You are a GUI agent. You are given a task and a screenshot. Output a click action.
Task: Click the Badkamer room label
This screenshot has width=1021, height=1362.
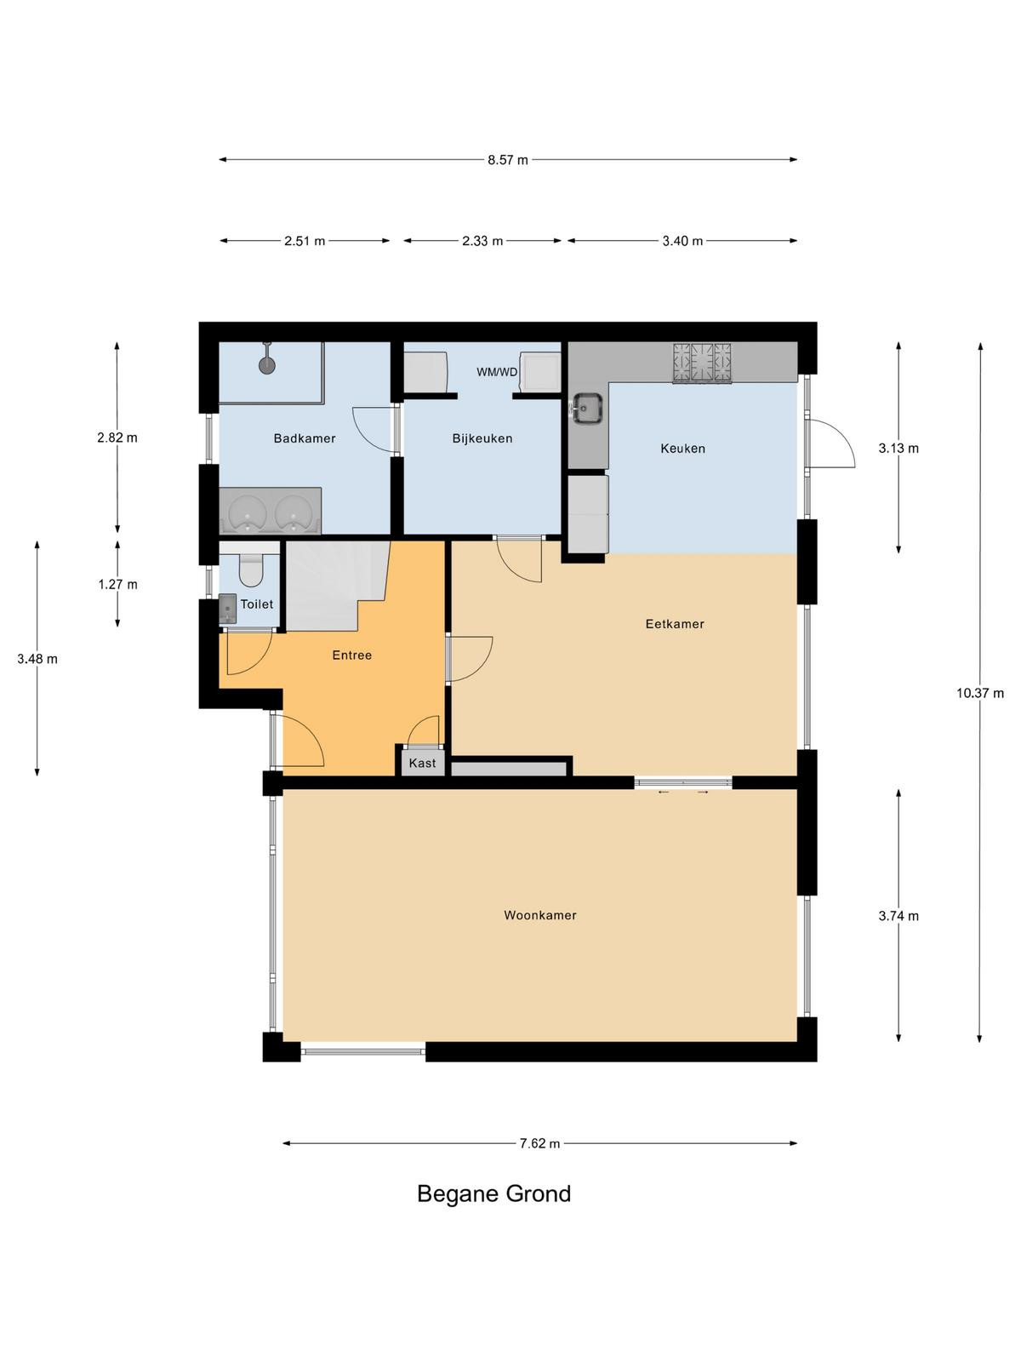pyautogui.click(x=305, y=438)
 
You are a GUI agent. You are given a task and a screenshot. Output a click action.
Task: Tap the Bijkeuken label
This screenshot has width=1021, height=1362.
pyautogui.click(x=482, y=438)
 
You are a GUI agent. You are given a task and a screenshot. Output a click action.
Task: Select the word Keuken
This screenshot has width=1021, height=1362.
pyautogui.click(x=682, y=448)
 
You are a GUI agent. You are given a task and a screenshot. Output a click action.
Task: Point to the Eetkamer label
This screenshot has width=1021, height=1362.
pyautogui.click(x=675, y=624)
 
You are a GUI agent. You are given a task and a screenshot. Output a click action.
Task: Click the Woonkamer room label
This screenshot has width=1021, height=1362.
pyautogui.click(x=540, y=915)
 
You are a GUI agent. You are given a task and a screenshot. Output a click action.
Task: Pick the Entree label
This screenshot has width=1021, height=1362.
pyautogui.click(x=351, y=655)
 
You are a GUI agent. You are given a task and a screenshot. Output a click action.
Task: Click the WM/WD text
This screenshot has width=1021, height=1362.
pyautogui.click(x=497, y=372)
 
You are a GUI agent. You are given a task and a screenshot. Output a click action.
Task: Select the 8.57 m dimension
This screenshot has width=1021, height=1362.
pyautogui.click(x=508, y=160)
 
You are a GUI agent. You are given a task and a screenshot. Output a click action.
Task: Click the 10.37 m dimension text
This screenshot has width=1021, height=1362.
pyautogui.click(x=979, y=693)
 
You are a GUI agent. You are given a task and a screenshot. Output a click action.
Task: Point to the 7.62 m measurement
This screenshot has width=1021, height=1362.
pyautogui.click(x=539, y=1143)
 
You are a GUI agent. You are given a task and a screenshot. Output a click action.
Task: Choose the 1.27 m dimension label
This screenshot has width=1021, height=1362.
pyautogui.click(x=117, y=585)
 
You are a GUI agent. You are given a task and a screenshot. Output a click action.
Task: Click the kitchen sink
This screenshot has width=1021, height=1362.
pyautogui.click(x=586, y=409)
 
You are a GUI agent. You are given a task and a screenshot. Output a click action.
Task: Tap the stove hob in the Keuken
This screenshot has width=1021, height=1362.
pyautogui.click(x=702, y=363)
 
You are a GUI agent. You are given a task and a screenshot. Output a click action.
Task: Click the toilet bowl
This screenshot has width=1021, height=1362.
pyautogui.click(x=251, y=569)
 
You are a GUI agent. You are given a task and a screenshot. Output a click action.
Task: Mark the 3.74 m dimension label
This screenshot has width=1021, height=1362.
pyautogui.click(x=898, y=916)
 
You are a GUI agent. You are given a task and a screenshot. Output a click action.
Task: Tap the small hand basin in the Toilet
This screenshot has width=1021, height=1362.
pyautogui.click(x=227, y=609)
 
